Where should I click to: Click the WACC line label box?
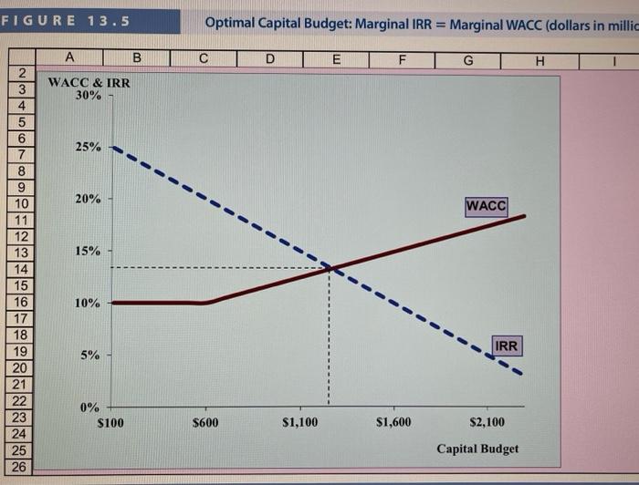tap(486, 206)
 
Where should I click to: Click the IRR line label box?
tap(507, 346)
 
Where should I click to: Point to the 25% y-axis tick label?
tap(88, 147)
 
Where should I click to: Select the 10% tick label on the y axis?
tap(88, 303)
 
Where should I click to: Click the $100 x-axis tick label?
tap(110, 422)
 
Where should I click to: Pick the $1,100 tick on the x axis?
tap(300, 422)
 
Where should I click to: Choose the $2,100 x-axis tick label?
tap(487, 422)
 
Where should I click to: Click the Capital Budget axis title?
tap(477, 449)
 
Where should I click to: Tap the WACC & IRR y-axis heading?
tap(89, 83)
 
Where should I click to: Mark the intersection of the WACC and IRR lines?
tap(330, 268)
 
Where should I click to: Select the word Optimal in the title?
tap(230, 23)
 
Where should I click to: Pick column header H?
tap(539, 60)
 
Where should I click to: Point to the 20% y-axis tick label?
tap(88, 199)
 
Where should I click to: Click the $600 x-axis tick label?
tap(206, 422)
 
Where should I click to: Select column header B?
tap(137, 60)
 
